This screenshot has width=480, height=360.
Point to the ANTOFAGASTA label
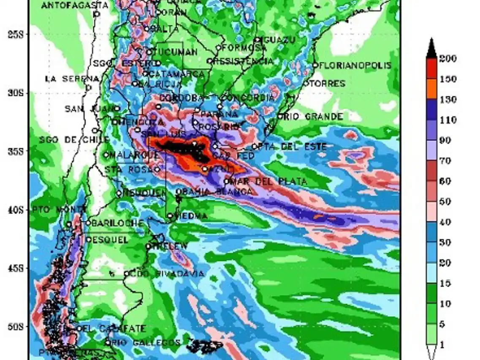coord(75,5)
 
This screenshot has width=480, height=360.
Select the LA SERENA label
coord(72,79)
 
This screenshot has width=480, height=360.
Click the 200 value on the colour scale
coord(447,59)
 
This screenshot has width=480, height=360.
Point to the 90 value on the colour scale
coord(447,141)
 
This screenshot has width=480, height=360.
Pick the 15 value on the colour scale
coord(447,283)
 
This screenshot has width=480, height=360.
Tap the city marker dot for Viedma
coord(170,216)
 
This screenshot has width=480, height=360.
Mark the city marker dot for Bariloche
coord(89,222)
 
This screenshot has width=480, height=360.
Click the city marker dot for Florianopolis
coord(315,65)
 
